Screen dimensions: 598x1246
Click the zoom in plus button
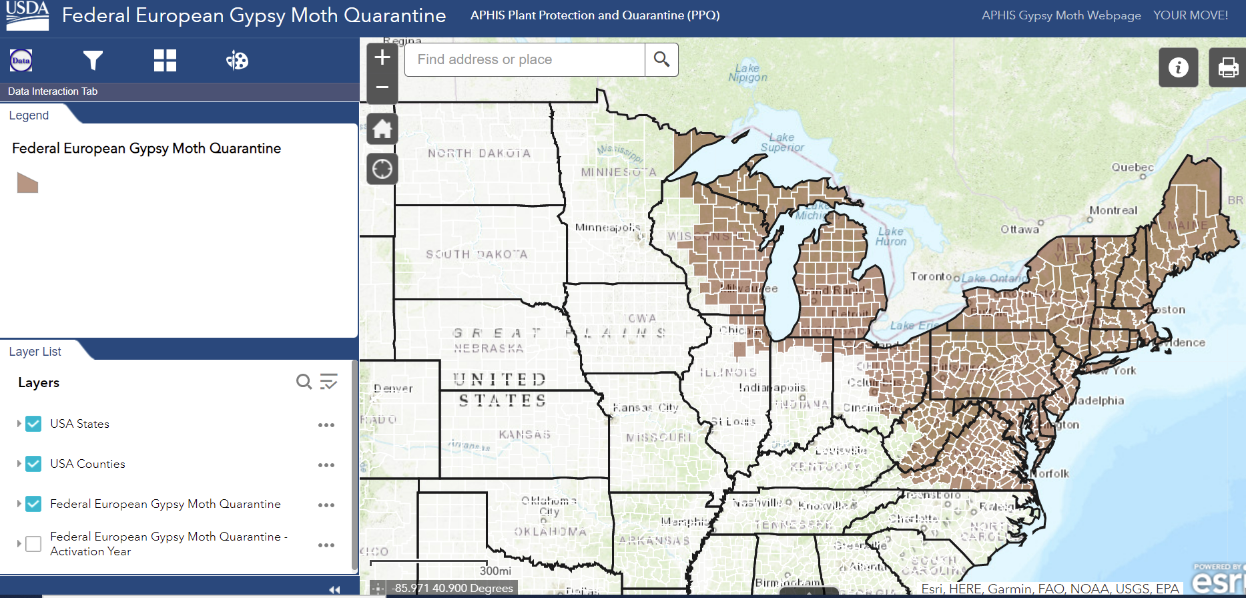(x=382, y=58)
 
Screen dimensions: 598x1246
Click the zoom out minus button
(x=382, y=87)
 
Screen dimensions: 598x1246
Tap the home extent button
(x=382, y=129)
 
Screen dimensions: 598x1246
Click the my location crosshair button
(x=382, y=169)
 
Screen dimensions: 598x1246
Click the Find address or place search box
(x=525, y=59)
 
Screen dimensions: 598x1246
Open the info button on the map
(x=1178, y=67)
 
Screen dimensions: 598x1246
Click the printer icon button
(x=1228, y=67)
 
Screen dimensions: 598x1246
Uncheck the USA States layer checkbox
(x=33, y=424)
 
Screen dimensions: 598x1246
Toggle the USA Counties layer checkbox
(x=33, y=464)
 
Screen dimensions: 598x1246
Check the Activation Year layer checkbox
(x=33, y=544)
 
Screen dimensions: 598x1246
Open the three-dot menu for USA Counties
(x=326, y=465)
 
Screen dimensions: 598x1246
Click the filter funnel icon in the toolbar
(x=93, y=61)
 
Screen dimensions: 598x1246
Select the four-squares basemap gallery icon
(x=165, y=61)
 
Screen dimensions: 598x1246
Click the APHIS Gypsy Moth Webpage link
(x=1061, y=15)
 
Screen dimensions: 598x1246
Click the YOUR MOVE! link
(x=1191, y=15)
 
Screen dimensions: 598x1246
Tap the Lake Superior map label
(x=782, y=142)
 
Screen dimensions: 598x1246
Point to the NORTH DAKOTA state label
(x=479, y=154)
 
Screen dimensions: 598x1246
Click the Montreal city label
(x=1113, y=210)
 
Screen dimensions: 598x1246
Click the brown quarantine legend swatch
(x=27, y=183)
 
